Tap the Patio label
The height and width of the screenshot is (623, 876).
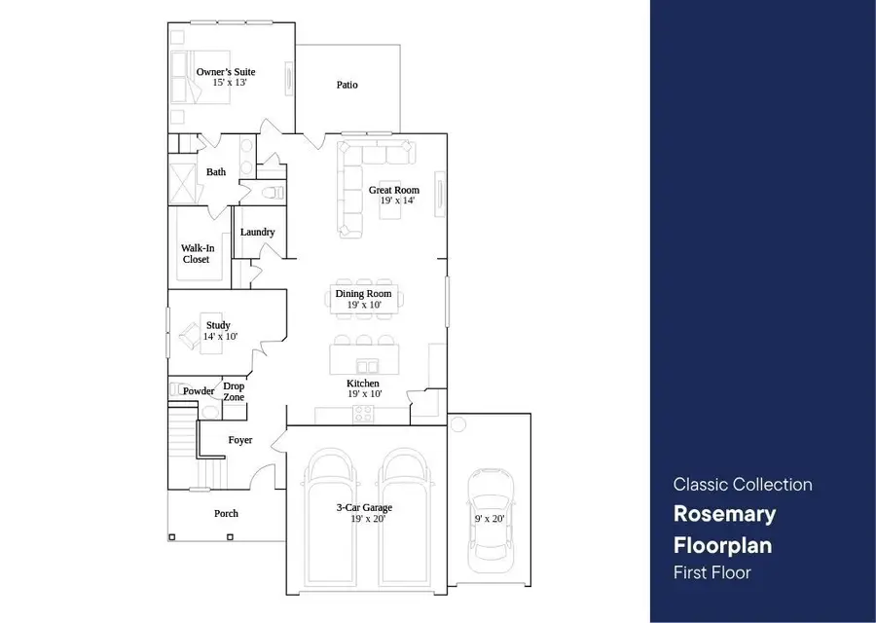point(347,85)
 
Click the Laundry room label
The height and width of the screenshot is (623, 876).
point(257,232)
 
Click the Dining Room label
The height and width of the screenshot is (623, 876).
point(363,293)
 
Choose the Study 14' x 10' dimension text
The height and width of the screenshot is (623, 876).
point(220,336)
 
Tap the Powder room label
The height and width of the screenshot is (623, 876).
point(199,390)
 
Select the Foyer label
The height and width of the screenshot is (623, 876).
point(239,440)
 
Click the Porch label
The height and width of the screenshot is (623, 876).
point(226,513)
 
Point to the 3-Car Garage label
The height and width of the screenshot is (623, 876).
point(366,507)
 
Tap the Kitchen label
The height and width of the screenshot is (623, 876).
point(363,384)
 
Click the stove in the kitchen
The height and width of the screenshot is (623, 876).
point(363,413)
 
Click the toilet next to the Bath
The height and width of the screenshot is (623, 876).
point(271,191)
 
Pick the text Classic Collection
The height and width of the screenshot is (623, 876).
point(743,484)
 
